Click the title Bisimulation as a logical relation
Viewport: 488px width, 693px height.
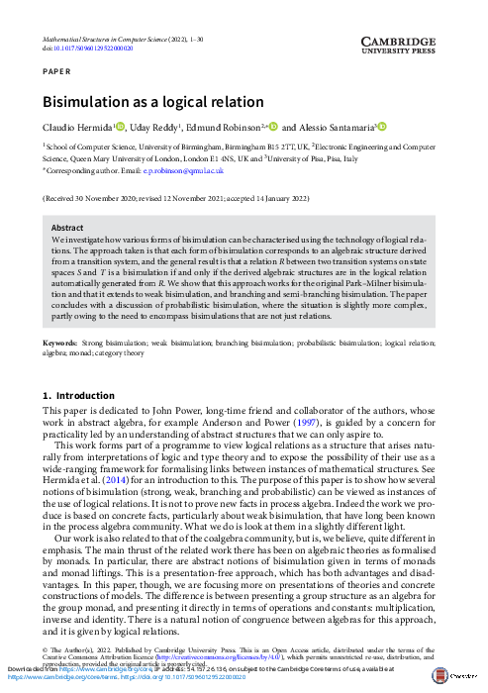click(x=152, y=102)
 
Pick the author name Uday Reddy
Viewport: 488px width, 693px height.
click(x=152, y=129)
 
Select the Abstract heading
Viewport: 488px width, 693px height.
click(x=67, y=228)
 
